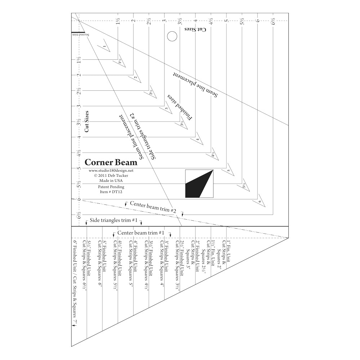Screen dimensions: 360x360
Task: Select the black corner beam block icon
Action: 199,184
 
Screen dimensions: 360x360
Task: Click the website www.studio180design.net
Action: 111,171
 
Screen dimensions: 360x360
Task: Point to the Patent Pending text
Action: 111,187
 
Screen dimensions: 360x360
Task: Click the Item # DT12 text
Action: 111,192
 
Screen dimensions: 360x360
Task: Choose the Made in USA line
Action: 111,181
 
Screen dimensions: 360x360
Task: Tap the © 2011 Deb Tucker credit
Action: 111,176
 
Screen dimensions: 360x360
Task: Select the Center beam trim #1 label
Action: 141,233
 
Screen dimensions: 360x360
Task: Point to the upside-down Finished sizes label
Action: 180,107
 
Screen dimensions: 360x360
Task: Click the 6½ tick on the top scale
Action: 273,21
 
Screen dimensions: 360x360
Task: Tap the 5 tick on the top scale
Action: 226,21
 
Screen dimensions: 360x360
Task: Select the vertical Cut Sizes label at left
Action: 87,122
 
